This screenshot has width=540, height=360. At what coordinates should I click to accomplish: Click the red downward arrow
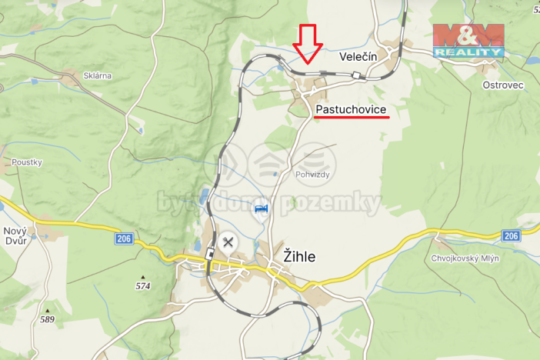pyautogui.click(x=308, y=43)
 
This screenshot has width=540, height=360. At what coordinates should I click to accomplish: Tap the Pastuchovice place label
pyautogui.click(x=351, y=110)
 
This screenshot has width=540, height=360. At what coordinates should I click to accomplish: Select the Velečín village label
pyautogui.click(x=357, y=57)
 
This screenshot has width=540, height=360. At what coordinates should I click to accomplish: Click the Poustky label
pyautogui.click(x=26, y=162)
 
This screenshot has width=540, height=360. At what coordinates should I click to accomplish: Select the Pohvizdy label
pyautogui.click(x=312, y=175)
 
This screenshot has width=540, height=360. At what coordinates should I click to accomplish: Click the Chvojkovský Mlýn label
pyautogui.click(x=465, y=258)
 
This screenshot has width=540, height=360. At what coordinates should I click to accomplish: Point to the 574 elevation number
pyautogui.click(x=142, y=286)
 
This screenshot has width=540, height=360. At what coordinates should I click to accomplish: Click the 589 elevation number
pyautogui.click(x=47, y=319)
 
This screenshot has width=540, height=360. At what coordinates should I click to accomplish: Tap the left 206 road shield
pyautogui.click(x=124, y=239)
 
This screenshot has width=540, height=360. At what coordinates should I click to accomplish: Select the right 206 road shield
pyautogui.click(x=511, y=235)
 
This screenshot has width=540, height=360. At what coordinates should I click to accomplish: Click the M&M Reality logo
pyautogui.click(x=468, y=41)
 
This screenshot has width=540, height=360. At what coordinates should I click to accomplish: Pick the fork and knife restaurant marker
pyautogui.click(x=228, y=242)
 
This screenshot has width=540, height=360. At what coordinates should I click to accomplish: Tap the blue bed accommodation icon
pyautogui.click(x=262, y=209)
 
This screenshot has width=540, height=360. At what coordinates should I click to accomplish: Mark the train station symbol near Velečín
pyautogui.click(x=356, y=75)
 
